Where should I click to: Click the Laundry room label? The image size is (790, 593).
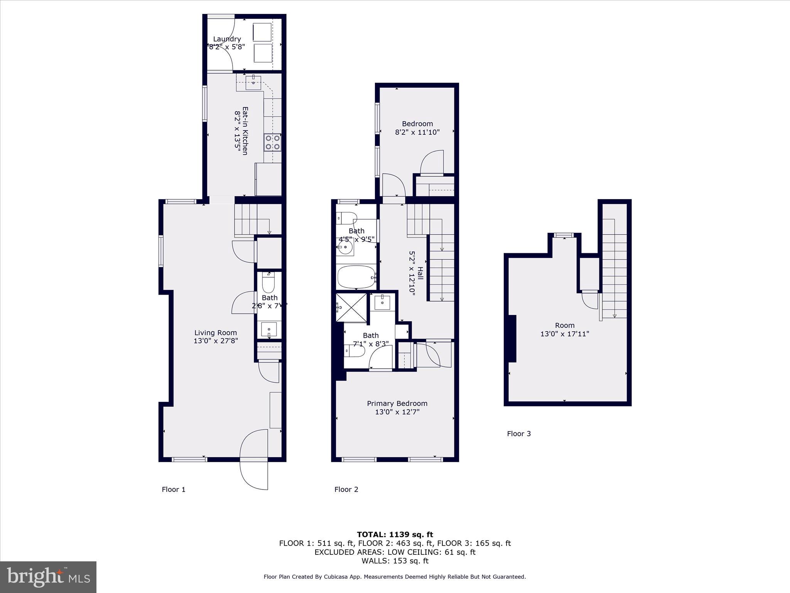click(x=227, y=39)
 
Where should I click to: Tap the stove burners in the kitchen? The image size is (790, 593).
click(x=272, y=142)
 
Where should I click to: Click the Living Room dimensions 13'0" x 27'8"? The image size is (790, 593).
click(x=216, y=341)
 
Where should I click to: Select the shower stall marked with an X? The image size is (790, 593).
click(x=351, y=307)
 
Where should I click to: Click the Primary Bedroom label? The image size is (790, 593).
click(x=397, y=403)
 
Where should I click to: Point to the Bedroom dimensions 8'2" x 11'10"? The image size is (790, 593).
click(x=417, y=132)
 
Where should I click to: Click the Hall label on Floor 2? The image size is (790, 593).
click(x=420, y=273)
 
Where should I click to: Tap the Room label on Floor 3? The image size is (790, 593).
click(x=564, y=325)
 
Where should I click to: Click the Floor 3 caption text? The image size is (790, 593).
click(x=518, y=434)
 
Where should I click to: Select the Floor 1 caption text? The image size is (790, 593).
click(x=174, y=490)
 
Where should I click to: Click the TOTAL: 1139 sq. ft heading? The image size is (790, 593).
click(x=395, y=535)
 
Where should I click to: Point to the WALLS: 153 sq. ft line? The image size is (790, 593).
click(x=395, y=561)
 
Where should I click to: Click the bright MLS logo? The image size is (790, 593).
click(x=48, y=577)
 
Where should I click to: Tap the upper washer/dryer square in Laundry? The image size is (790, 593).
click(x=262, y=32)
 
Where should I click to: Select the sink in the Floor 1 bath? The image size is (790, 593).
click(x=268, y=329)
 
